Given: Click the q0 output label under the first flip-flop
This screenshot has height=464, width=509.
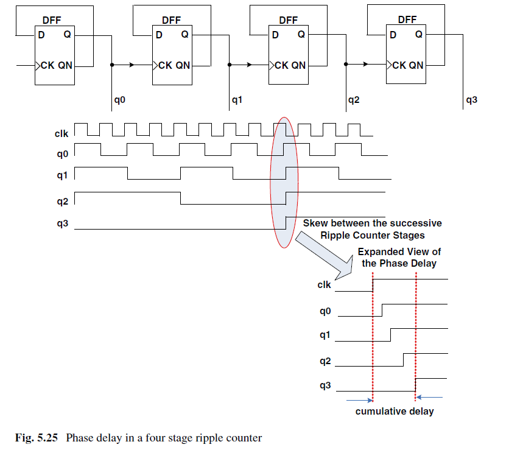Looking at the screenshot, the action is [119, 100].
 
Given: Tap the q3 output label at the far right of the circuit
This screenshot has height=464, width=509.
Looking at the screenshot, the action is [471, 100].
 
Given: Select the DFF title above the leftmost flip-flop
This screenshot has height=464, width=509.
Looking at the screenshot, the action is [52, 21].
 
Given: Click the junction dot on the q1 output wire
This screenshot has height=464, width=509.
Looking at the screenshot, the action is [230, 65].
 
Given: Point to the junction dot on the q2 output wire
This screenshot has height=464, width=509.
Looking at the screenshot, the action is [346, 65].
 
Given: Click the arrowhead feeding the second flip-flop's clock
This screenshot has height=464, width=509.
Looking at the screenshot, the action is [132, 65].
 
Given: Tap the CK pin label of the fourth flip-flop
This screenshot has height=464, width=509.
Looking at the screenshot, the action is [399, 65].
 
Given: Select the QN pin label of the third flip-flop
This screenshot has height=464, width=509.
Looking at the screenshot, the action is [298, 65].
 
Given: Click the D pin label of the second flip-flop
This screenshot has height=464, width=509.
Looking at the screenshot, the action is [159, 35].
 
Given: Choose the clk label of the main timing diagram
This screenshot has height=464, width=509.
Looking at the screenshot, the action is [61, 133].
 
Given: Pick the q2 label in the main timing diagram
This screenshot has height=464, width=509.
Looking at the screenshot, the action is [62, 202].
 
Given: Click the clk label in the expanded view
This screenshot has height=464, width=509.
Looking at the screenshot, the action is [324, 284].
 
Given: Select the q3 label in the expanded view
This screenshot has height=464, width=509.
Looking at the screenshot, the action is [325, 385].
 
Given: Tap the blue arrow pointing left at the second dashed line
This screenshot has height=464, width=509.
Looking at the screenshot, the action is [429, 397].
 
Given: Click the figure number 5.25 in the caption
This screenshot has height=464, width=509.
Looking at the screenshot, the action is [47, 438].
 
